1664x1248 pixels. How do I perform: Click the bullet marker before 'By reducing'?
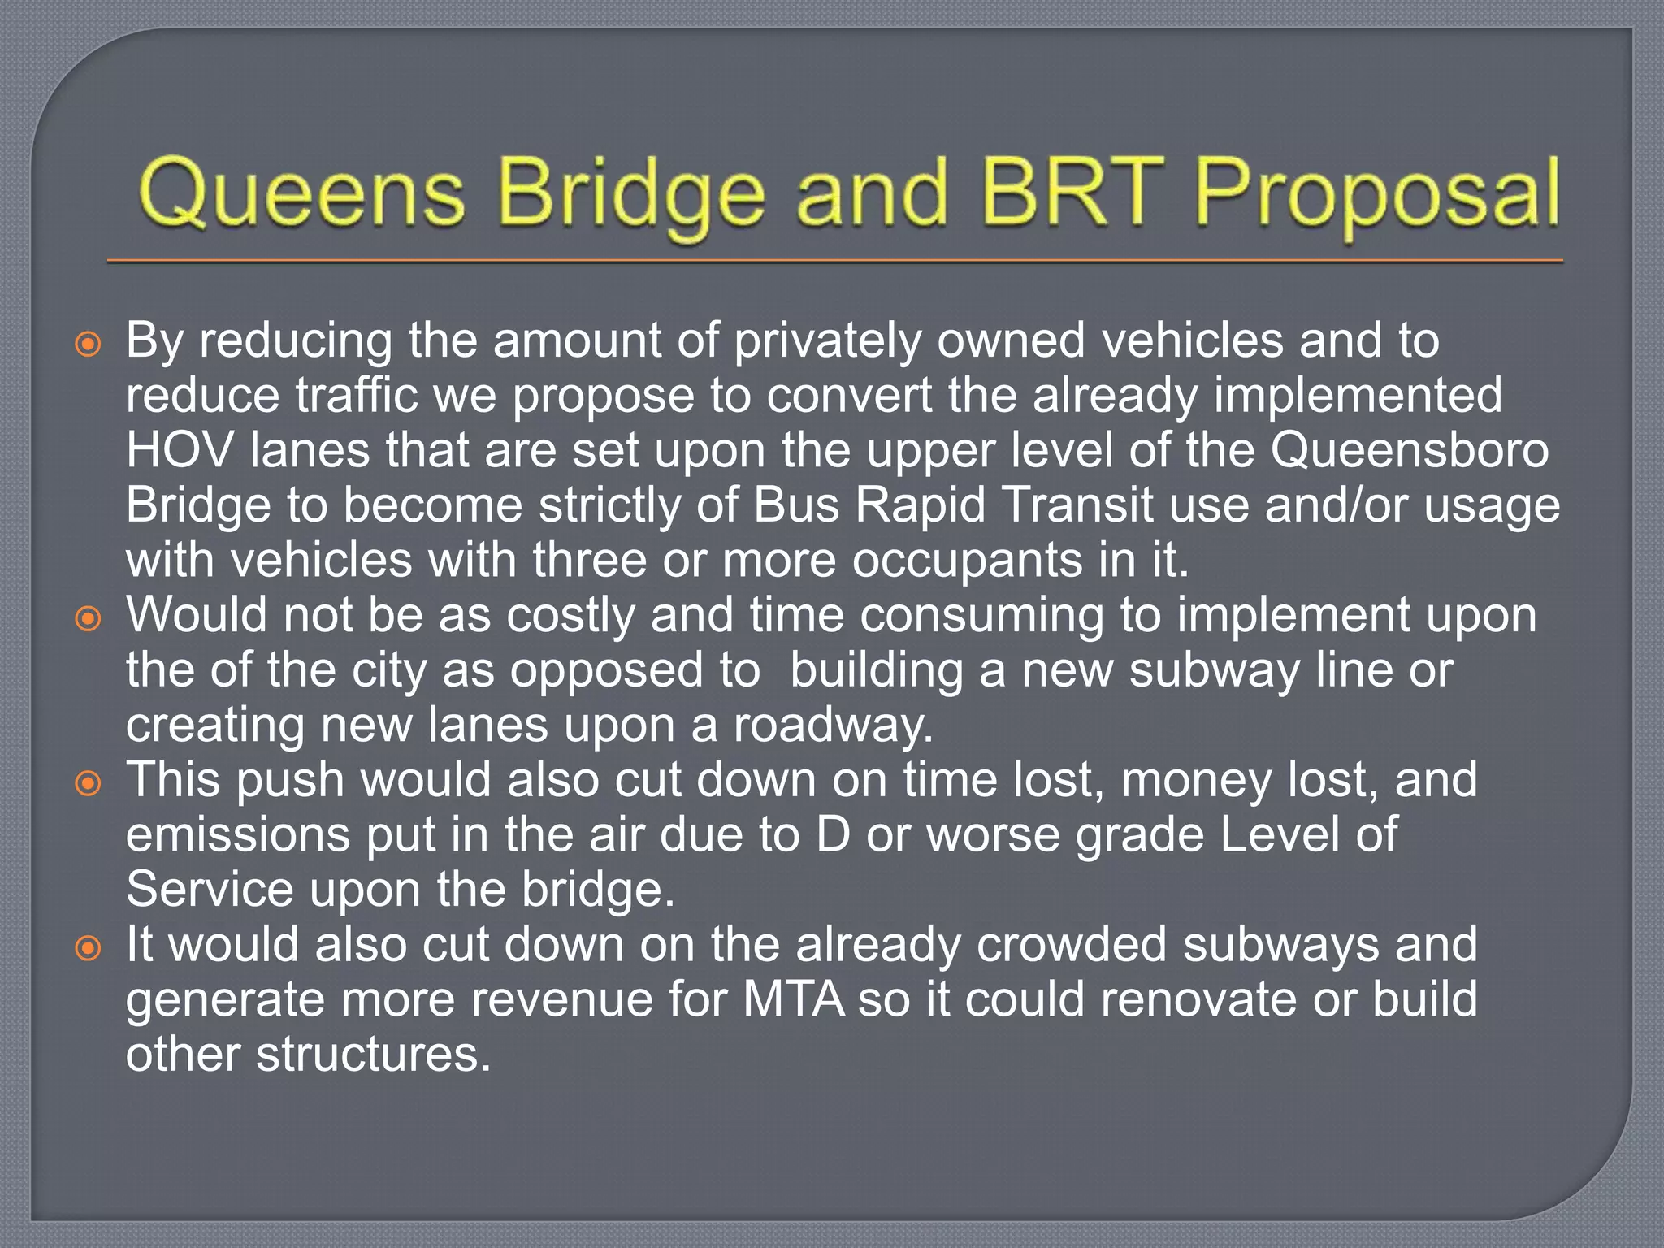click(x=88, y=344)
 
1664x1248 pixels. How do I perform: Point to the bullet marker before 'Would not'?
click(x=88, y=620)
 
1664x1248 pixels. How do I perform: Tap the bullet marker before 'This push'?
click(x=88, y=785)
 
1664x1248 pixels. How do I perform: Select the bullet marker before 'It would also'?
click(x=88, y=949)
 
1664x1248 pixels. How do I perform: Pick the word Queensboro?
click(x=1409, y=450)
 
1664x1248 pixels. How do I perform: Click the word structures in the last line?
click(x=374, y=1055)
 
